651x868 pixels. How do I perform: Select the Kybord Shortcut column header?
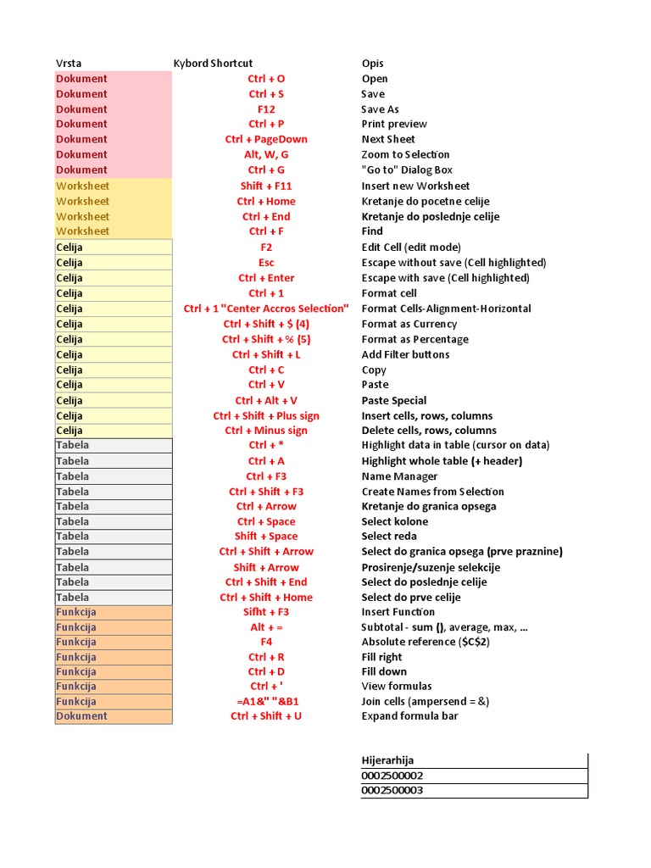tap(213, 64)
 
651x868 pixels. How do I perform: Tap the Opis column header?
tap(373, 64)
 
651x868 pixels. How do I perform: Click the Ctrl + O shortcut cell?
tap(266, 79)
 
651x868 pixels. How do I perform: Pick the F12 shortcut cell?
tap(266, 109)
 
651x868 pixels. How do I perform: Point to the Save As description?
tap(380, 109)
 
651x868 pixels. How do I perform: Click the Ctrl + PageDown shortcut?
tap(266, 139)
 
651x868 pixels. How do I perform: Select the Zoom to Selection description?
tap(405, 154)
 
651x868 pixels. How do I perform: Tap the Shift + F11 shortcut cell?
tap(266, 186)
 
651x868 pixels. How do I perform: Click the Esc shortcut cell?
tap(266, 263)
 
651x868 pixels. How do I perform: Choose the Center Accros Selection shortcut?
tap(266, 309)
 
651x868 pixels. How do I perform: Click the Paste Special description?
tap(394, 400)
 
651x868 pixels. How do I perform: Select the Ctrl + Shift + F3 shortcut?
tap(266, 492)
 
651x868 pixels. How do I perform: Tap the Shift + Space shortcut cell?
tap(266, 537)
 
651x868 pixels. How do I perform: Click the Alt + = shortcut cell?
tap(266, 627)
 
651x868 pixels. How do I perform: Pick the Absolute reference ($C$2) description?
tap(426, 642)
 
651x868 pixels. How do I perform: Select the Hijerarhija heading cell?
tap(388, 761)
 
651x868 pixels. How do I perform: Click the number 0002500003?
tap(392, 791)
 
